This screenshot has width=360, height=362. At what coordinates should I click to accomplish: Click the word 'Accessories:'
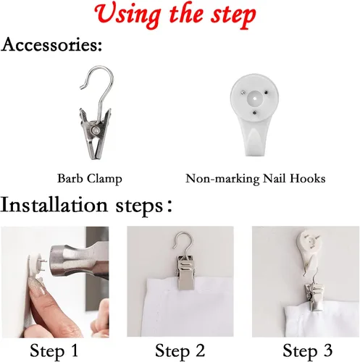pyautogui.click(x=51, y=45)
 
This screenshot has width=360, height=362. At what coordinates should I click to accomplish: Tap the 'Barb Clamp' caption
pyautogui.click(x=90, y=179)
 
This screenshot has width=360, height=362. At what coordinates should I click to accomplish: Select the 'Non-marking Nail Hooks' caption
pyautogui.click(x=256, y=179)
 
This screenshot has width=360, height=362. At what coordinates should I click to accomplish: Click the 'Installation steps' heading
pyautogui.click(x=86, y=205)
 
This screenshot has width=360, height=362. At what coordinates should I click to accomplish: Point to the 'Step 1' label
pyautogui.click(x=54, y=350)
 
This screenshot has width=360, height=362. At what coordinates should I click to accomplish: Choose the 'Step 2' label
pyautogui.click(x=180, y=350)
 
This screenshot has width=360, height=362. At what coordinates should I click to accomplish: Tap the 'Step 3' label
pyautogui.click(x=307, y=350)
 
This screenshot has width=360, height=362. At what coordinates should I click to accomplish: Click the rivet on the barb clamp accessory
pyautogui.click(x=96, y=131)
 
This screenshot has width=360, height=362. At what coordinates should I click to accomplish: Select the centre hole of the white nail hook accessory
pyautogui.click(x=255, y=98)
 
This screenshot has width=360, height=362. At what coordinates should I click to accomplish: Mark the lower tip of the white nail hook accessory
pyautogui.click(x=254, y=155)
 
